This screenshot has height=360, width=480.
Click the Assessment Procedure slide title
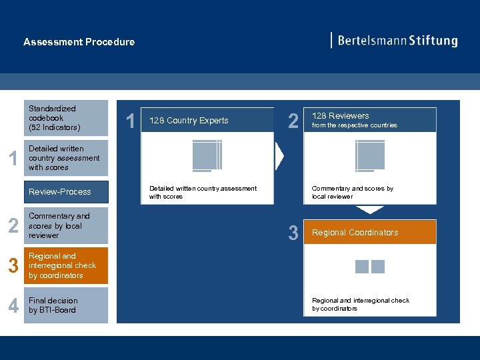coord(79,42)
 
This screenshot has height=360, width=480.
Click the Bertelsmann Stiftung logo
coord(395,41)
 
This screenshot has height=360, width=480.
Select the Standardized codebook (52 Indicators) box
coord(66,118)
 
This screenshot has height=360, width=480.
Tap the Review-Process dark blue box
coord(66,192)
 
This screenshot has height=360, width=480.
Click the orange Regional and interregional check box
coord(66,266)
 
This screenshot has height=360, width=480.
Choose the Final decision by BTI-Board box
coord(66,305)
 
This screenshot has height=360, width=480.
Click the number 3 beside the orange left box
coord(13,266)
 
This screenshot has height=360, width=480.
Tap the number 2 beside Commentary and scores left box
coord(13,226)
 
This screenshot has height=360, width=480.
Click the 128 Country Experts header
coord(189,121)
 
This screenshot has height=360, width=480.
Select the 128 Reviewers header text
coord(340,116)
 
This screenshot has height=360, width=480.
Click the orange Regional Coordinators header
coord(355,233)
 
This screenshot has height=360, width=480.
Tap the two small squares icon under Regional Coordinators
coord(370,267)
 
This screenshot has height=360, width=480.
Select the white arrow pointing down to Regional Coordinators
coord(369,209)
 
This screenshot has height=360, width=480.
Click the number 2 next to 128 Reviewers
coord(293,121)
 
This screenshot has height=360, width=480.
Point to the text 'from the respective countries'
coord(354,125)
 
